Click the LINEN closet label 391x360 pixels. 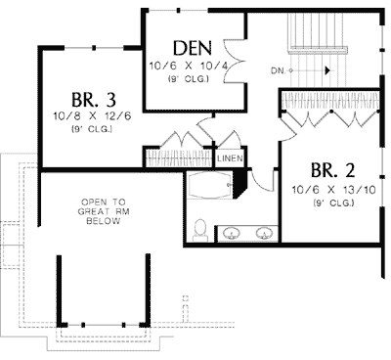pyautogui.click(x=230, y=157)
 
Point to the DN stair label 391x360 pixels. pyautogui.click(x=279, y=71)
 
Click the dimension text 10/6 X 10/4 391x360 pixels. pyautogui.click(x=187, y=66)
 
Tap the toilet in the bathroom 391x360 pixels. pyautogui.click(x=199, y=228)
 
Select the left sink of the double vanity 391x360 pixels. pyautogui.click(x=232, y=233)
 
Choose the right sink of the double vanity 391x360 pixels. pyautogui.click(x=263, y=233)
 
